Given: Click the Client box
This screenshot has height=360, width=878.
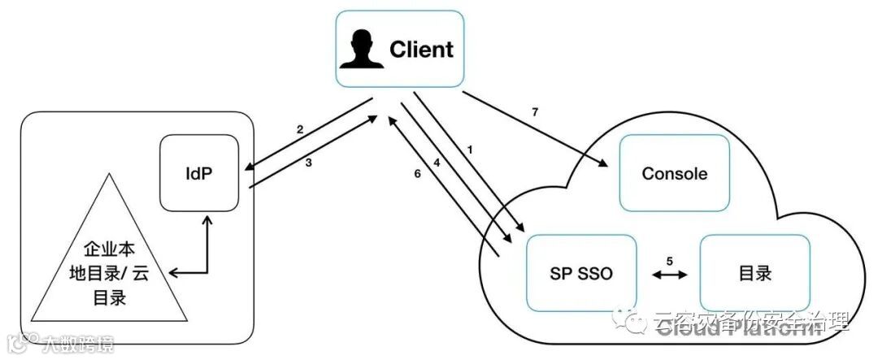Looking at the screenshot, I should tap(400, 48).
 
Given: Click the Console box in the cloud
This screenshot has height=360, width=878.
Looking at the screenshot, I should tap(674, 173).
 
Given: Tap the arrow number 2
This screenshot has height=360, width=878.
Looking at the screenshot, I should tap(300, 129).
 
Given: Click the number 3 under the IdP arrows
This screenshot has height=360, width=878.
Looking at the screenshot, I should tap(308, 163).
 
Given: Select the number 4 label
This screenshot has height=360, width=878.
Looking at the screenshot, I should tap(436, 163).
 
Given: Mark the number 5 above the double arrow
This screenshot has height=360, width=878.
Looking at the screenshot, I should tap(669, 261).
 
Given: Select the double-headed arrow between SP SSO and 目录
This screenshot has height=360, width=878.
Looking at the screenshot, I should tap(669, 275).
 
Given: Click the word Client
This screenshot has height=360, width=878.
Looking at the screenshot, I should tap(421, 49).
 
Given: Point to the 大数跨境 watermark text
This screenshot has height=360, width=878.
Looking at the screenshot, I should tap(76, 345).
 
